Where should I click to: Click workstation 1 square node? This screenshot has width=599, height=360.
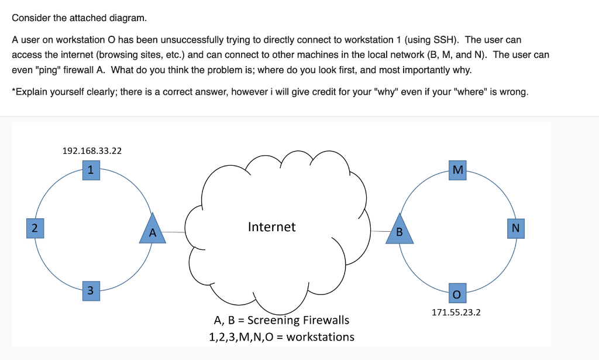click(91, 171)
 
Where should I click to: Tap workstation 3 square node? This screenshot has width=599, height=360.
click(90, 290)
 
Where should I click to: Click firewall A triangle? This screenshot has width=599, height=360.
click(152, 230)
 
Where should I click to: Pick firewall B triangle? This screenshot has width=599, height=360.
click(400, 230)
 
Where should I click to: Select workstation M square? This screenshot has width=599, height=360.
click(458, 170)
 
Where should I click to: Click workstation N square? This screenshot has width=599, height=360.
click(515, 228)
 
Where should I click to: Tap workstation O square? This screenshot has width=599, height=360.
click(457, 291)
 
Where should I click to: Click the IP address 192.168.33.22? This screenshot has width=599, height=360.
click(92, 150)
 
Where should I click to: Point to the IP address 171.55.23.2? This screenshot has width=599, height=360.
click(456, 312)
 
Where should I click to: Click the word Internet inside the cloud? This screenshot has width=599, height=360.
click(271, 227)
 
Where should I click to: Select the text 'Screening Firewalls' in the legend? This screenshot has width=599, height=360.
click(298, 320)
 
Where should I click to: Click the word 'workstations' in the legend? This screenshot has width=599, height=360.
click(321, 337)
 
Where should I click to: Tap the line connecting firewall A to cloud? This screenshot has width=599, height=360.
click(174, 232)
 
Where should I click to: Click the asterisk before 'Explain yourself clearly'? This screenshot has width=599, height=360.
click(13, 92)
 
